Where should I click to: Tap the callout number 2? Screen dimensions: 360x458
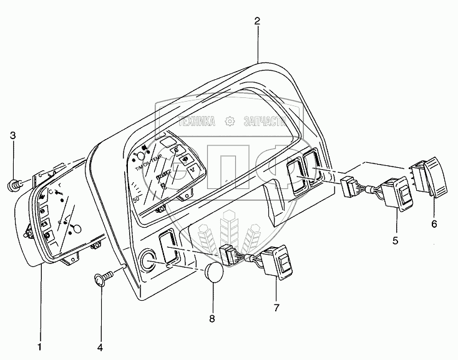pyautogui.click(x=257, y=21)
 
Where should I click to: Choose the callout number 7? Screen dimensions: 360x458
pyautogui.click(x=276, y=308)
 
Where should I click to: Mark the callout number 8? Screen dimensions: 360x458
pyautogui.click(x=212, y=319)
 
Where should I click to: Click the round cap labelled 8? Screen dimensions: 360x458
pyautogui.click(x=214, y=273)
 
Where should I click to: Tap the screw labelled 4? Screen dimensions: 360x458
pyautogui.click(x=102, y=278)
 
